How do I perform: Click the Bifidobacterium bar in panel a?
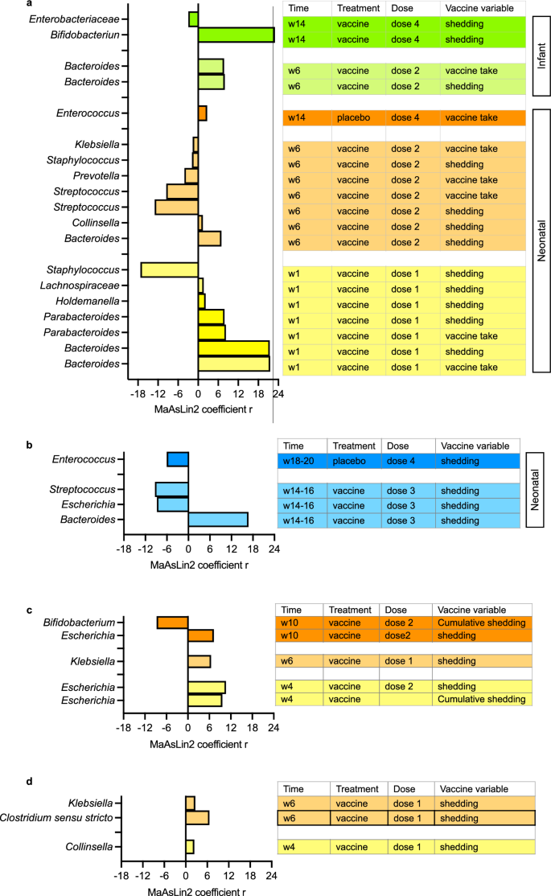(236, 35)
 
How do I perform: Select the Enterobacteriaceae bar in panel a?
(193, 18)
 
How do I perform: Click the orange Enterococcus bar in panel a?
(203, 113)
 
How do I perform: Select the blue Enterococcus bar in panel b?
(178, 459)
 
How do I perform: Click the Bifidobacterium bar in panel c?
(172, 623)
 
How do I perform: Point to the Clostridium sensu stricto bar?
(197, 817)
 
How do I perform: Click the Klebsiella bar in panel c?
(199, 661)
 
